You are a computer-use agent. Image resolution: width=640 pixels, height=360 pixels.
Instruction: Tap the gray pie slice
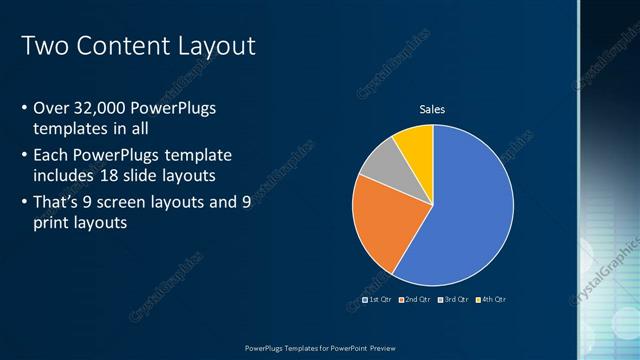(381, 163)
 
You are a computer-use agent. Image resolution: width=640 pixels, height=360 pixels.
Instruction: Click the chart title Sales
(432, 109)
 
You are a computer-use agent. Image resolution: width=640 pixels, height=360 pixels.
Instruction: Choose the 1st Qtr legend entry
(377, 300)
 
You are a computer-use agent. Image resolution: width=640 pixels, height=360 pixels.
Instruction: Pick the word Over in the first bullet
(51, 108)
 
